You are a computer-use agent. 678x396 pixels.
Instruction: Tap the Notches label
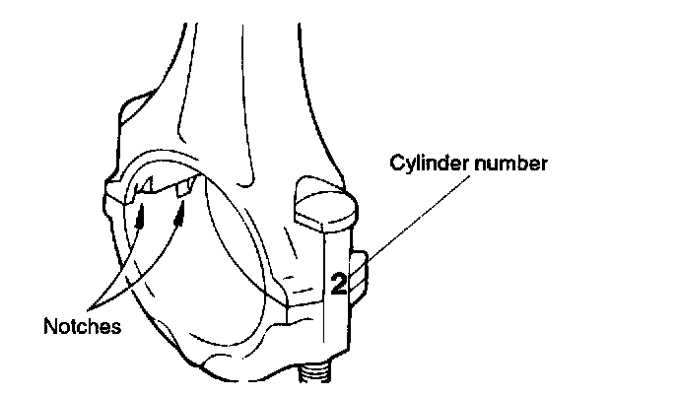tap(82, 325)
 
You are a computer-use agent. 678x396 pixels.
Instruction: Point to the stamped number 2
tap(337, 284)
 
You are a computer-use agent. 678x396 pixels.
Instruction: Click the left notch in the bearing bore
tap(144, 185)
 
